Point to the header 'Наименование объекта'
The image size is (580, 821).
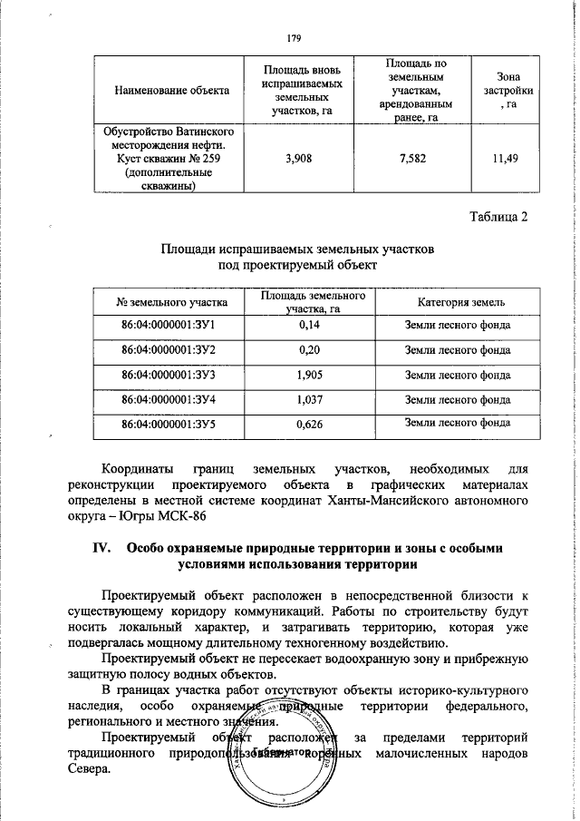pyautogui.click(x=171, y=91)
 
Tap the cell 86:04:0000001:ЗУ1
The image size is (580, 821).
pyautogui.click(x=172, y=325)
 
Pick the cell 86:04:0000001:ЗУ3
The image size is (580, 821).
pyautogui.click(x=172, y=374)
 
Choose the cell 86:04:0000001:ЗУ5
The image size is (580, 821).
pyautogui.click(x=172, y=423)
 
